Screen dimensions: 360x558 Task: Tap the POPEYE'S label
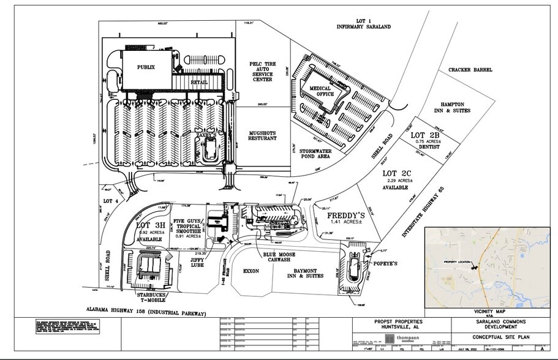click(385, 264)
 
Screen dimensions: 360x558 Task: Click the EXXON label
click(251, 270)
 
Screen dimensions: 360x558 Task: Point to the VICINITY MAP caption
click(479, 311)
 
